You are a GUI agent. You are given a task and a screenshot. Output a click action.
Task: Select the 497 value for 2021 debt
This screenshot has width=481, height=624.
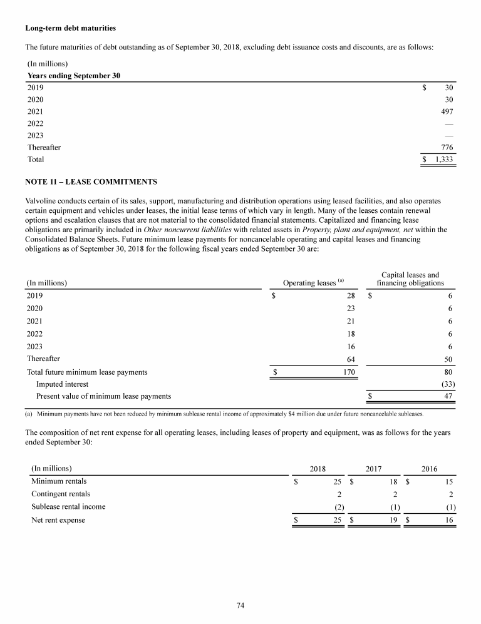(447, 111)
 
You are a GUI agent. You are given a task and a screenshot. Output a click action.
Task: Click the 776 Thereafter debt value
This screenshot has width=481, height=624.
(447, 147)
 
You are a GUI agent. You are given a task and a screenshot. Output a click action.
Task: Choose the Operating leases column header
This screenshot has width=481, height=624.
(311, 283)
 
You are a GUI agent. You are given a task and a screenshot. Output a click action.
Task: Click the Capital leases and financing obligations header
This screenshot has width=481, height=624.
(410, 279)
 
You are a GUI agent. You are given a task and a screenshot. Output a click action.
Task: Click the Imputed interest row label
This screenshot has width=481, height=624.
(62, 384)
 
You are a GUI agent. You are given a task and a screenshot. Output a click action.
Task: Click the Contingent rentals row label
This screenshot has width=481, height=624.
(60, 494)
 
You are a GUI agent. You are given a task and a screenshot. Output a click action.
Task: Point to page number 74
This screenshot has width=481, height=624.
(240, 605)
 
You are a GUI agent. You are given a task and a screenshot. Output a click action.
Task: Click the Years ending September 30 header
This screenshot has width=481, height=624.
(74, 76)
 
